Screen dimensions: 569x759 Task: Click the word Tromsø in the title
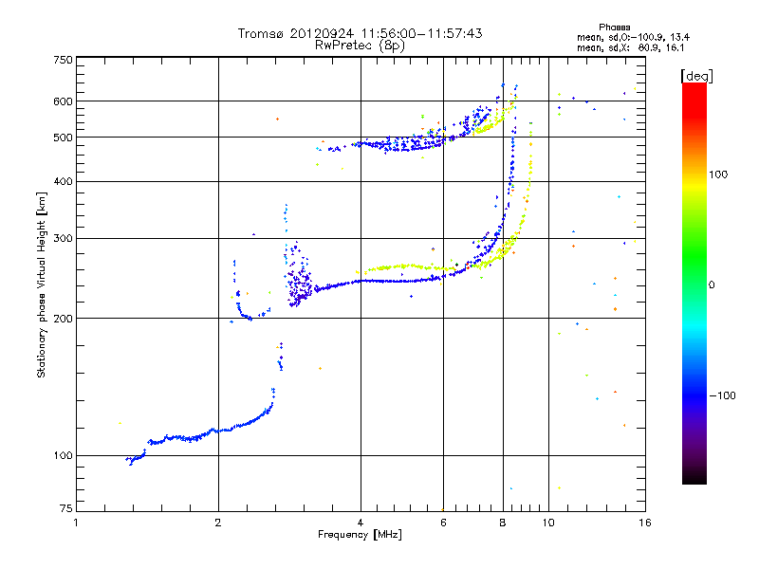[x=261, y=33]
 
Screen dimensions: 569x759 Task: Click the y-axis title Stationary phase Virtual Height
[x=42, y=284]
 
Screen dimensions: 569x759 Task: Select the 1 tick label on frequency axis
[x=77, y=522]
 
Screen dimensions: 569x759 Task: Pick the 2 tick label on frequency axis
[x=218, y=522]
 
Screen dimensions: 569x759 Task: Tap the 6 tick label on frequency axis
[x=443, y=522]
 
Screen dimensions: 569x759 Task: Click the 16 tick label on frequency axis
[x=643, y=522]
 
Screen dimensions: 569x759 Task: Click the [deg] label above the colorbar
[x=697, y=75]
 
